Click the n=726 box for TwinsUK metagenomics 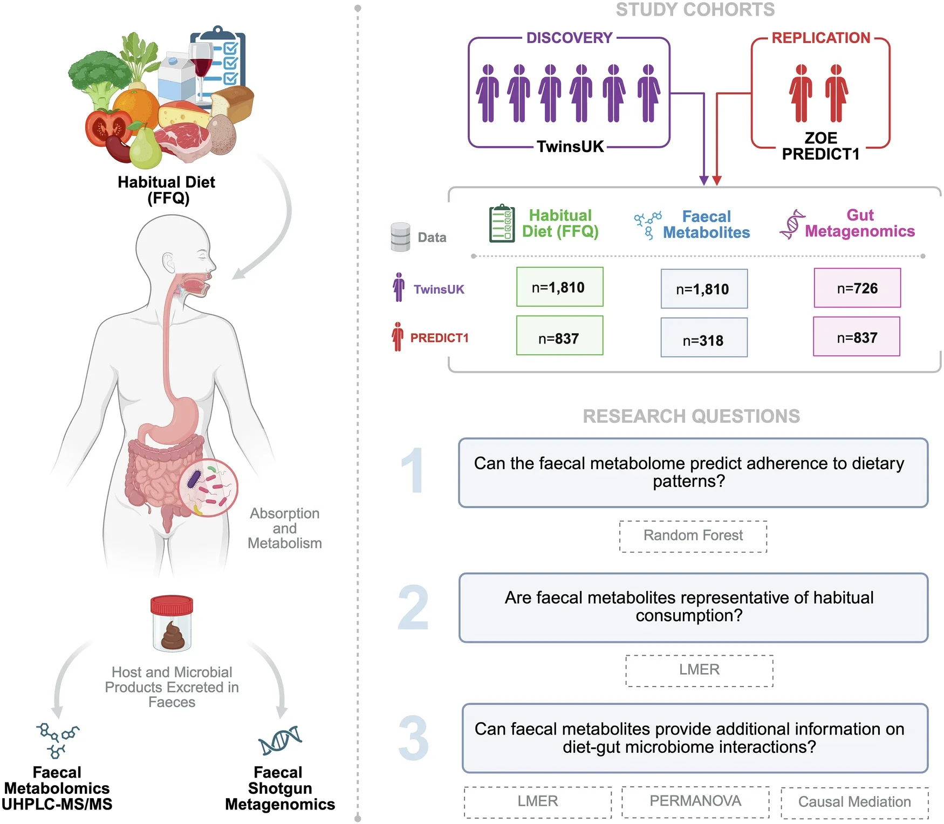click(x=857, y=288)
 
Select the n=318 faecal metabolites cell click(x=703, y=338)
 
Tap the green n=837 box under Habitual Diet click(x=559, y=336)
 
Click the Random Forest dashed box click(x=693, y=536)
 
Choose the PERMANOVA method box click(x=695, y=802)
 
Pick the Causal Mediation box click(x=854, y=802)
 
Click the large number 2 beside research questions click(x=413, y=608)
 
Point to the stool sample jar click(x=172, y=624)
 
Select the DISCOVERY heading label click(x=569, y=38)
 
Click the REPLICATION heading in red click(x=820, y=38)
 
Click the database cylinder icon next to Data click(x=400, y=237)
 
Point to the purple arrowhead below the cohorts click(x=703, y=180)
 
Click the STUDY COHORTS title click(x=695, y=10)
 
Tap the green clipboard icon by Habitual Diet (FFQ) click(x=502, y=223)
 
